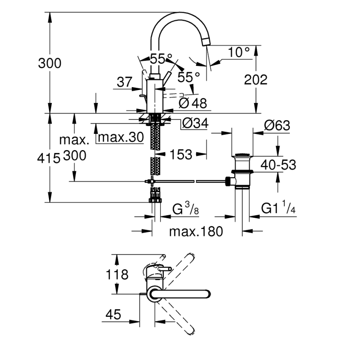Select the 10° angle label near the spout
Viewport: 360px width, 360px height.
tap(239, 52)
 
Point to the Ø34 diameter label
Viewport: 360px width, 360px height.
tap(195, 123)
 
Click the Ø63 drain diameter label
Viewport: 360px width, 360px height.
tap(276, 126)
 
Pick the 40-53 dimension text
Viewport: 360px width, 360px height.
tap(278, 165)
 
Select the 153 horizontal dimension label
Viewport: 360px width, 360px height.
tap(181, 154)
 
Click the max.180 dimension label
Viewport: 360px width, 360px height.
tap(196, 231)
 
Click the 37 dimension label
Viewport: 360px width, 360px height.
tap(124, 82)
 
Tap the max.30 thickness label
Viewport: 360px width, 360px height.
tap(121, 137)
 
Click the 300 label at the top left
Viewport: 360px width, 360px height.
tap(49, 63)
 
